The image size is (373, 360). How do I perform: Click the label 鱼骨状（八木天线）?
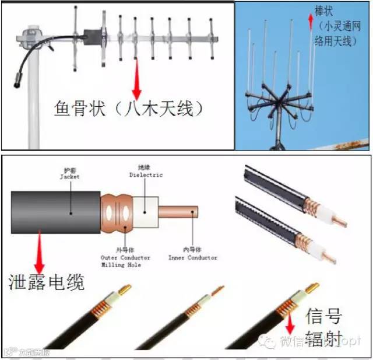(128, 109)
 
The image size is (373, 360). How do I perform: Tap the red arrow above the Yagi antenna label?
(136, 78)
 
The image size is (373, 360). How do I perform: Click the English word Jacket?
(70, 176)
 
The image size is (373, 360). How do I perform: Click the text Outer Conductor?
(125, 258)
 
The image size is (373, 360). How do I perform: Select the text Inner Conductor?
(193, 258)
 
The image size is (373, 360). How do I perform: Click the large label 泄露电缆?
(47, 282)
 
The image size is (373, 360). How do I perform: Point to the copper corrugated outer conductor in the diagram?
(117, 210)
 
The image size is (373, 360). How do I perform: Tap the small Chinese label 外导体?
(125, 251)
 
